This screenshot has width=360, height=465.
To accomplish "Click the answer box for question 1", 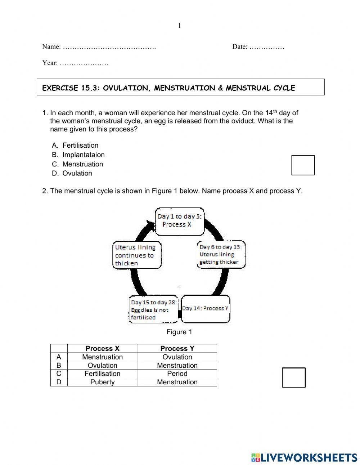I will coord(303,165).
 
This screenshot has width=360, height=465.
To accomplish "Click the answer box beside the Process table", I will coord(293,377).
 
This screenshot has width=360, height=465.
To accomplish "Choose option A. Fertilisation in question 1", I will coord(80,146).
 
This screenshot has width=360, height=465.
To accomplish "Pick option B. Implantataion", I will coord(83,155).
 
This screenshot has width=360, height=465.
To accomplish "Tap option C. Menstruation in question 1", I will coord(82,164).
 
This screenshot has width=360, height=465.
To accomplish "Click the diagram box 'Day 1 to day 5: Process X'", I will coord(179,221).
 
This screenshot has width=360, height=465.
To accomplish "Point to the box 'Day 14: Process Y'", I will coord(205,309).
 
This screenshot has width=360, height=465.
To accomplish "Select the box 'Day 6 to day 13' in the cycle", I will coord(221,254).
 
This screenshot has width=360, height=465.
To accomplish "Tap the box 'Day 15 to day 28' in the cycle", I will coord(153,310).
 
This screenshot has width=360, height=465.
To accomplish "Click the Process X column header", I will coord(102,348).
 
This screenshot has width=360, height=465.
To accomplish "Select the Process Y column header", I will coord(177,348).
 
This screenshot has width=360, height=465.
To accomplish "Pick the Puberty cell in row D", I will coord(102,382).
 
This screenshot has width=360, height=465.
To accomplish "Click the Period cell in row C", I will coord(177,374).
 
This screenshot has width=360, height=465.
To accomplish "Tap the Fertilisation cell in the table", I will coord(102,374).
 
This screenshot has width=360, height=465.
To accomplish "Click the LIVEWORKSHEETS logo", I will coord(304,457).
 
